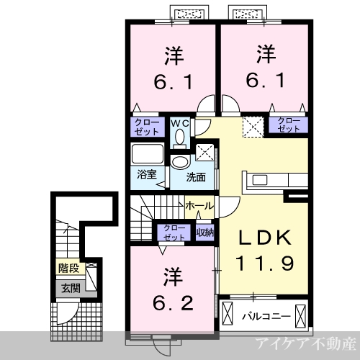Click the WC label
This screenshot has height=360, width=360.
[180, 123]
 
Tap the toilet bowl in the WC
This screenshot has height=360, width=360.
[180, 138]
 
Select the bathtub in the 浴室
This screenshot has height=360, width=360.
[148, 153]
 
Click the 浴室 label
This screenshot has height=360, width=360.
[147, 174]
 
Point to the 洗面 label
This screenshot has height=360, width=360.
[196, 177]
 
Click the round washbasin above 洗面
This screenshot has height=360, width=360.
[180, 162]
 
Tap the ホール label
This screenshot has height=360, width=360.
[199, 206]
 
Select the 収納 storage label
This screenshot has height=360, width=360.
[204, 233]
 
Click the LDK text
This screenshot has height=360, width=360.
[264, 238]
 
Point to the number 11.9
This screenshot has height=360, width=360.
[264, 264]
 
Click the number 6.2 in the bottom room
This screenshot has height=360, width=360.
[173, 303]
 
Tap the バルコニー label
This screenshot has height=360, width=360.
[266, 317]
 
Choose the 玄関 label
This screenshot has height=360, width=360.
[71, 288]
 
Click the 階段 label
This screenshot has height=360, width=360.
[69, 268]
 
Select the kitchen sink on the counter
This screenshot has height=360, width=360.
[259, 180]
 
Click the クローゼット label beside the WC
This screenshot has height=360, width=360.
[147, 127]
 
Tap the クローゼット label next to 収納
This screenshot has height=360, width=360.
[174, 233]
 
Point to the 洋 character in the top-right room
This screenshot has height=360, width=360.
[266, 54]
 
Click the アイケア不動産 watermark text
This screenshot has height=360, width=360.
[305, 343]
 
